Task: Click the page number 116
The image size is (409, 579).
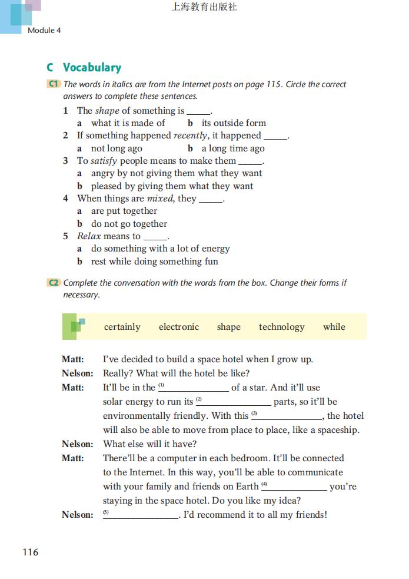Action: (x=30, y=552)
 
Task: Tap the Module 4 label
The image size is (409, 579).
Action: (x=44, y=30)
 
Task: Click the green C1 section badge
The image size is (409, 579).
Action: (x=54, y=84)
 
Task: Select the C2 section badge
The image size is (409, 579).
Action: (x=54, y=283)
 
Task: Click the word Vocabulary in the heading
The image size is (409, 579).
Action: (x=92, y=67)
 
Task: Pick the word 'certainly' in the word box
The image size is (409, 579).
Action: (x=122, y=327)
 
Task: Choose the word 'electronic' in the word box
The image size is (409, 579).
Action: (x=179, y=327)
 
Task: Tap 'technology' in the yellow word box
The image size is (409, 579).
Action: (x=281, y=327)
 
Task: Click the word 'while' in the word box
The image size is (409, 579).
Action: (x=334, y=327)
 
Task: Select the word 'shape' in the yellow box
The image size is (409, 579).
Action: (x=228, y=327)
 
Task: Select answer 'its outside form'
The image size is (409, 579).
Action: (x=234, y=123)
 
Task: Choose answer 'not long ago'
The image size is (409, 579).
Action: (x=117, y=148)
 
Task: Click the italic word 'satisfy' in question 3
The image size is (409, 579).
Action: (x=104, y=161)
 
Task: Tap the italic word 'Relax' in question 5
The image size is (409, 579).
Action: (x=89, y=236)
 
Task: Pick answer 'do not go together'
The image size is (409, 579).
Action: (x=129, y=224)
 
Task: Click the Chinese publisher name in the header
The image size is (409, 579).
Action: (x=204, y=7)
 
